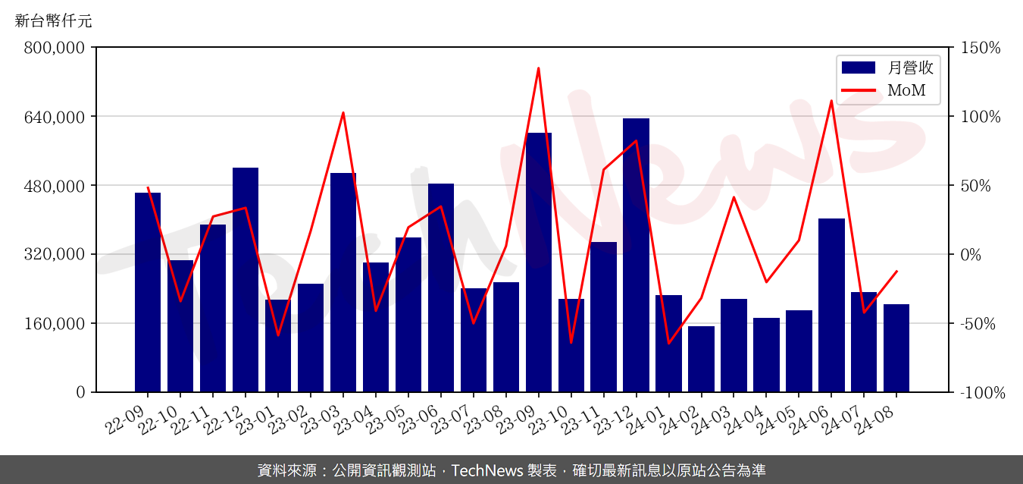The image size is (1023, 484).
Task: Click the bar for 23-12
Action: click(x=636, y=255)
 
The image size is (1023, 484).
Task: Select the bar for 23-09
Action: click(x=538, y=262)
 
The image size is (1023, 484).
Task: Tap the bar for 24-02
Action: click(x=701, y=359)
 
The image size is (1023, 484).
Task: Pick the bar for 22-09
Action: click(x=148, y=292)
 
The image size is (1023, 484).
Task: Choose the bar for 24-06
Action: click(x=831, y=305)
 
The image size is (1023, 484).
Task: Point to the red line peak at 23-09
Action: click(x=538, y=68)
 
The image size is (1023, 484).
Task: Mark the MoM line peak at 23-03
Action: click(x=343, y=113)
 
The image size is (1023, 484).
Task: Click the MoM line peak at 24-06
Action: click(x=831, y=101)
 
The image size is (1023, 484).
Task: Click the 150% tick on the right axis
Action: click(x=981, y=48)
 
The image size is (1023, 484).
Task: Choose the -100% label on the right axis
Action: click(x=983, y=393)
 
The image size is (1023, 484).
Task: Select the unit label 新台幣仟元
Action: click(x=53, y=21)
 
